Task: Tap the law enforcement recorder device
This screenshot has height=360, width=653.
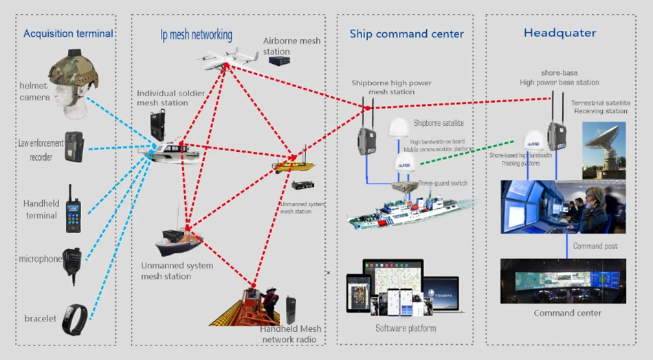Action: point(74,146)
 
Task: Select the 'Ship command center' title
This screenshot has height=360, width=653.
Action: point(406,34)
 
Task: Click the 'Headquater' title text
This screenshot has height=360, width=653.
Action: point(560,33)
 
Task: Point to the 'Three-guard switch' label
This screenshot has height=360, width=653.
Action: point(444,184)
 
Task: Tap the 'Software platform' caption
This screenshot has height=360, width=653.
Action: point(405,328)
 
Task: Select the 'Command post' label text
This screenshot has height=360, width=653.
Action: point(596,246)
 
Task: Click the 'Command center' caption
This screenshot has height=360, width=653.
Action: point(567,313)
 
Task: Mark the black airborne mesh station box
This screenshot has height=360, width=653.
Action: point(279,60)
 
